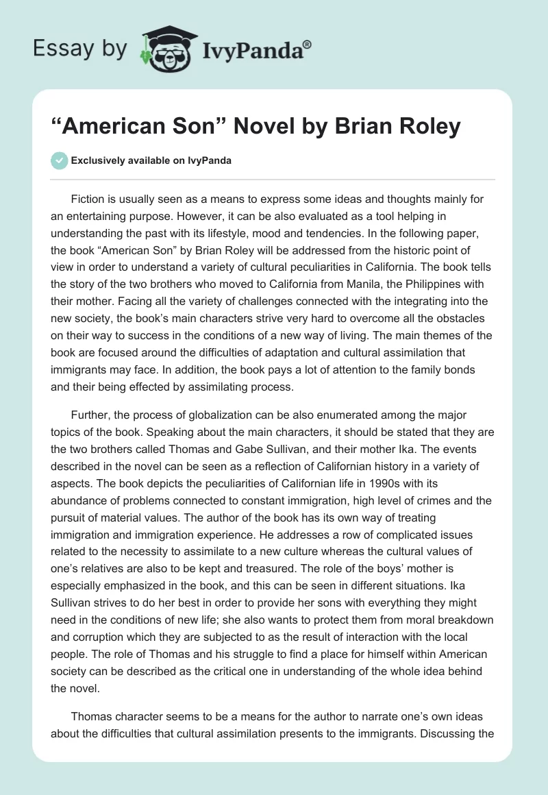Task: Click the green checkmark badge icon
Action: click(60, 160)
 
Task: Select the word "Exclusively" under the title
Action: click(99, 161)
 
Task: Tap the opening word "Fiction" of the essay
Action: click(88, 199)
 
